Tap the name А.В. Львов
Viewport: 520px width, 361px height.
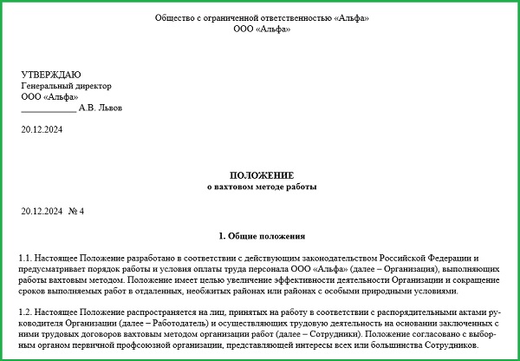[101, 108]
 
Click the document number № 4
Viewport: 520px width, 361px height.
[76, 211]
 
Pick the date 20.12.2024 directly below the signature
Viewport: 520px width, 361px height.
[41, 130]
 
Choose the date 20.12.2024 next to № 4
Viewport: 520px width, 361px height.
[41, 211]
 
